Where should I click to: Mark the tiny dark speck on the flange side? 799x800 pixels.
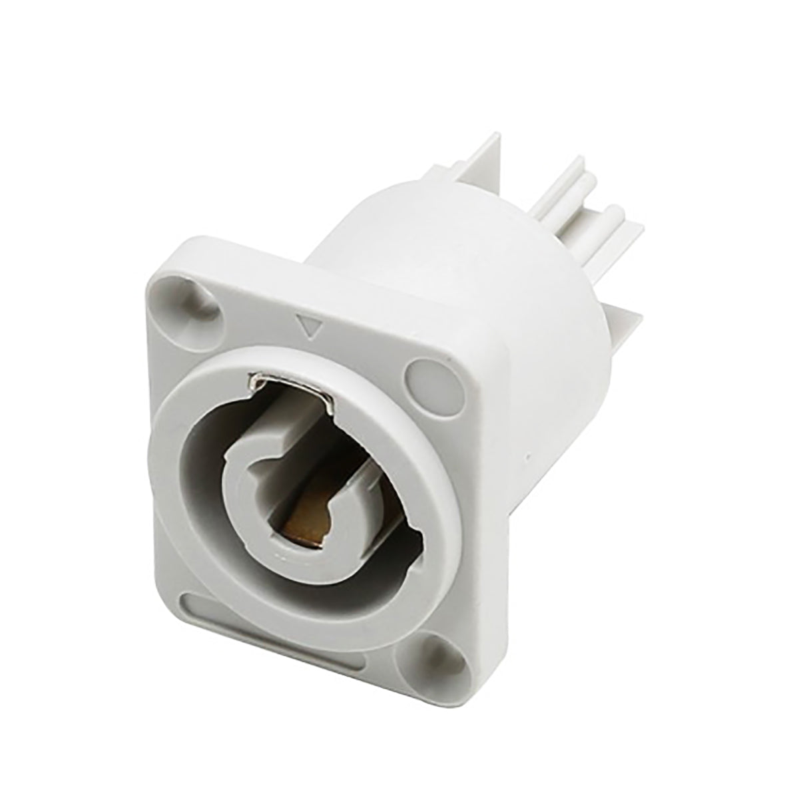click(x=525, y=459)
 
